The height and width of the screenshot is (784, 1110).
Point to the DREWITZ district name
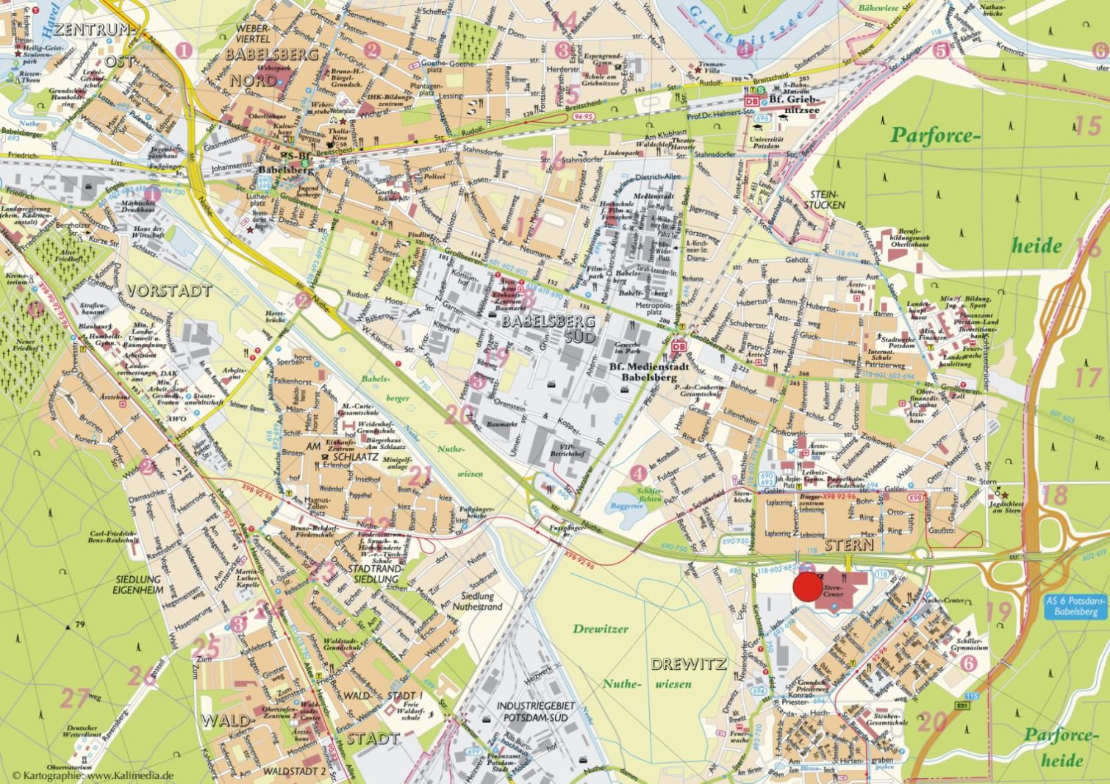pos(688,664)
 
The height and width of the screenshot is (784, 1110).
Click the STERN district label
pos(848,545)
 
